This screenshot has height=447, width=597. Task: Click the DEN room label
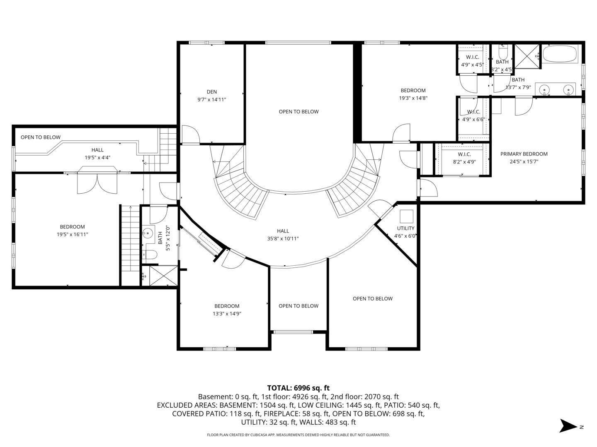pyautogui.click(x=211, y=92)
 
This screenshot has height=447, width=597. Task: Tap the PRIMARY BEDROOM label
pyautogui.click(x=524, y=154)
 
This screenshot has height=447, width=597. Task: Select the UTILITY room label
pyautogui.click(x=405, y=228)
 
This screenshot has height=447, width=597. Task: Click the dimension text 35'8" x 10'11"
pyautogui.click(x=283, y=238)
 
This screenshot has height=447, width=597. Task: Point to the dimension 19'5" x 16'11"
pyautogui.click(x=73, y=234)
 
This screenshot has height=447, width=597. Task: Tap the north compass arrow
pyautogui.click(x=568, y=426)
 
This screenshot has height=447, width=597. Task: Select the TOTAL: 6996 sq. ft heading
pyautogui.click(x=298, y=388)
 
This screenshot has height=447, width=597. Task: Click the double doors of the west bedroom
pyautogui.click(x=97, y=183)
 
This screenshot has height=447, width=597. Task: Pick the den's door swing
pyautogui.click(x=190, y=134)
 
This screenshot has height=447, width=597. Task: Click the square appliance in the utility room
pyautogui.click(x=406, y=216)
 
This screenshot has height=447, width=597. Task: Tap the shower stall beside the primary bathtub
pyautogui.click(x=527, y=56)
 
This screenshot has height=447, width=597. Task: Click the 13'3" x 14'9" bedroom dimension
pyautogui.click(x=227, y=314)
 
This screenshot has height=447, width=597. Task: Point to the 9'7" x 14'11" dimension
pyautogui.click(x=211, y=100)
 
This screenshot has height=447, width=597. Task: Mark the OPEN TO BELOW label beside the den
pyautogui.click(x=298, y=112)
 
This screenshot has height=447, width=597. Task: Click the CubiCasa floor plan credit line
pyautogui.click(x=298, y=435)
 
